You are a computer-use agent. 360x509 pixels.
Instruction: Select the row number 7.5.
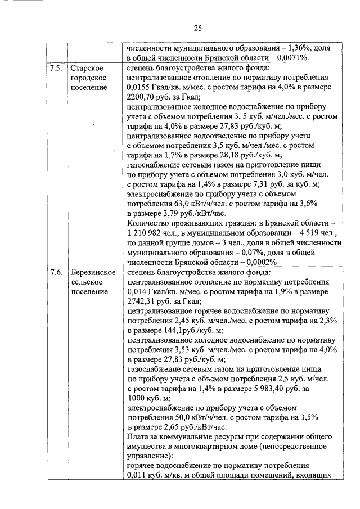(x=56, y=69)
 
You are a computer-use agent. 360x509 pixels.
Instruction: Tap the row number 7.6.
(x=56, y=272)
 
